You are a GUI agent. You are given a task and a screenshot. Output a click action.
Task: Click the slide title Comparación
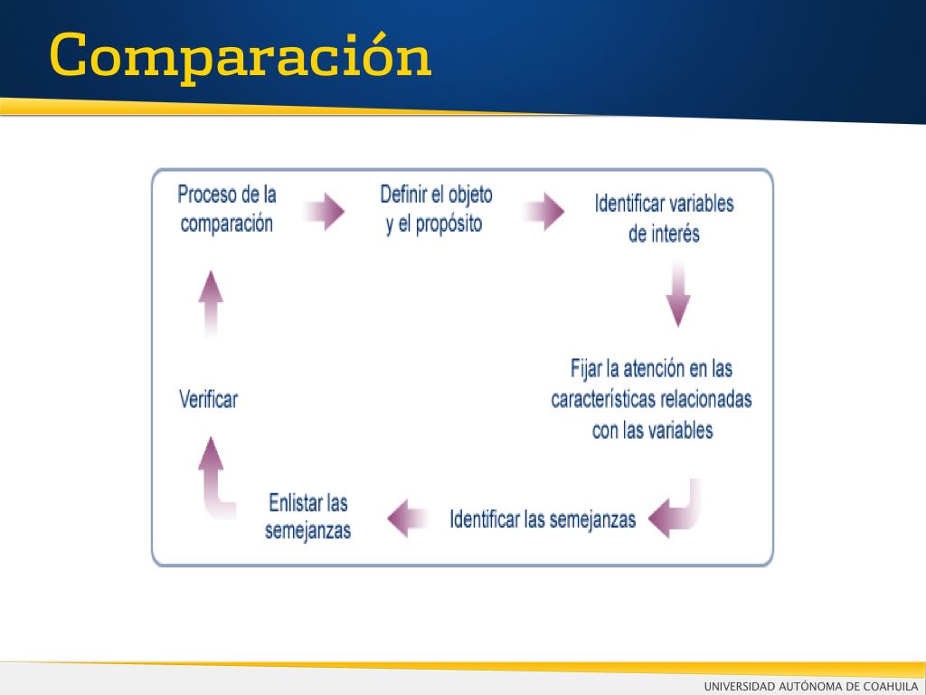click(x=241, y=56)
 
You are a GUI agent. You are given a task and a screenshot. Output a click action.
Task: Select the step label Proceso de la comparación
click(x=227, y=209)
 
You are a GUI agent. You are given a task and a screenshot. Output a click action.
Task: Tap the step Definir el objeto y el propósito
click(x=436, y=209)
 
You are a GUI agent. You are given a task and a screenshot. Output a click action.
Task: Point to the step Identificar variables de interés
click(x=664, y=219)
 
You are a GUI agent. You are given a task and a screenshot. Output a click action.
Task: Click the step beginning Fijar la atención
click(x=651, y=399)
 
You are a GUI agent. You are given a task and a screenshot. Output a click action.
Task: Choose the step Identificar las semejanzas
click(x=543, y=519)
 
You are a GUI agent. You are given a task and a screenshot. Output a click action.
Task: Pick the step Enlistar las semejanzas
click(x=307, y=517)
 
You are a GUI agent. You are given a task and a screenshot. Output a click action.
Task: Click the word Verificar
click(x=209, y=399)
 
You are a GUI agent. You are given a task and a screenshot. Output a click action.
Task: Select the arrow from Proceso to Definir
click(x=325, y=211)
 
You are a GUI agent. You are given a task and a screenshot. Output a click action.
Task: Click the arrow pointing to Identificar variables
click(x=543, y=211)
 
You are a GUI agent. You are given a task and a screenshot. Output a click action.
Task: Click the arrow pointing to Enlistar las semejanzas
click(x=408, y=519)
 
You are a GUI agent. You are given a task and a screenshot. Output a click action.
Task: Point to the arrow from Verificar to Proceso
click(x=211, y=304)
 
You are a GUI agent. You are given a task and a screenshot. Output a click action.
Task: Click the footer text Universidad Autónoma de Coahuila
click(x=811, y=686)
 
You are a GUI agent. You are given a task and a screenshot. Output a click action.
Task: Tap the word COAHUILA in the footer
click(x=891, y=686)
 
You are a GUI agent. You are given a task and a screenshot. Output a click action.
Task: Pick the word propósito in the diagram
click(x=449, y=224)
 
